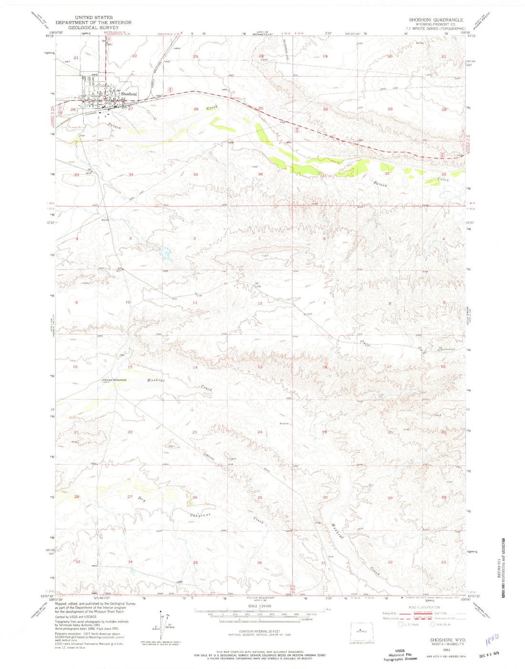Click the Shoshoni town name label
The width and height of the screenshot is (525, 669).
(129, 94)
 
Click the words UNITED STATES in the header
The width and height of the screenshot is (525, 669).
(93, 17)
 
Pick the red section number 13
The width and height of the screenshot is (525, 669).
(260, 366)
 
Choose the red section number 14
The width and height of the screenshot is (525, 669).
(195, 367)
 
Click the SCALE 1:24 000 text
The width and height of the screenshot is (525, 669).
(260, 606)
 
